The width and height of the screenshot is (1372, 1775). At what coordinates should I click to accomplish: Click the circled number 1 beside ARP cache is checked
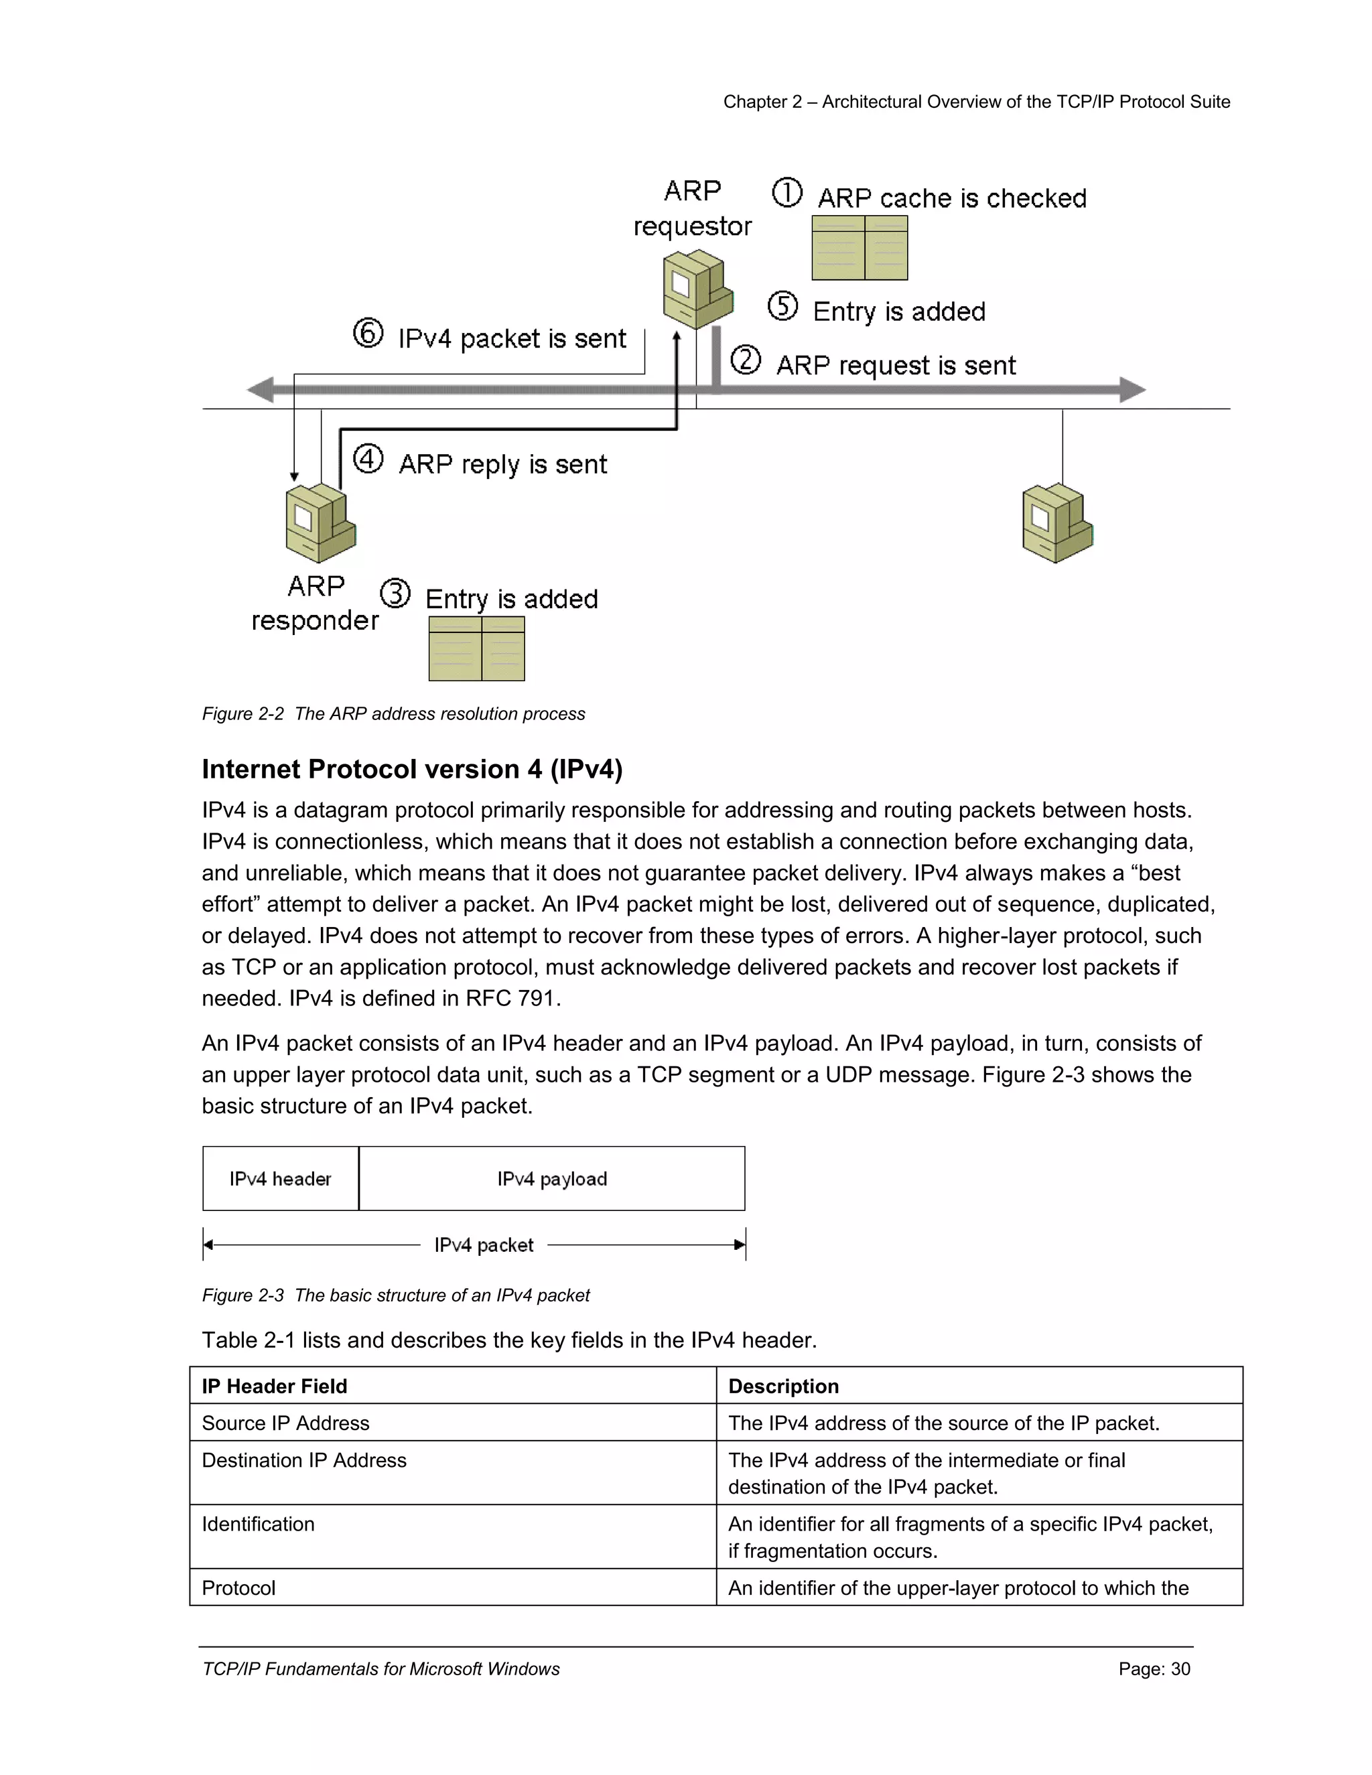[786, 193]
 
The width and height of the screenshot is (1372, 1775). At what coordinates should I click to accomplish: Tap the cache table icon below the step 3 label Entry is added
[476, 648]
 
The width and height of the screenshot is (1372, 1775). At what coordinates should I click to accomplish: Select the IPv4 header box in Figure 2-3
[281, 1178]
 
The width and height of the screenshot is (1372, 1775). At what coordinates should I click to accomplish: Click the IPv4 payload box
[552, 1178]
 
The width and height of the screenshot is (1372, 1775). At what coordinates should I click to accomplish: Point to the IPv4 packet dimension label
[484, 1245]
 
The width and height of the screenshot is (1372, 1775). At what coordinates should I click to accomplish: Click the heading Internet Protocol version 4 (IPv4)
[412, 769]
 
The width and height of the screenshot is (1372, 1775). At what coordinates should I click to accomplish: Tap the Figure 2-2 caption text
[393, 713]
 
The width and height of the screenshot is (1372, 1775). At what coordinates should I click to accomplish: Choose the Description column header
[784, 1386]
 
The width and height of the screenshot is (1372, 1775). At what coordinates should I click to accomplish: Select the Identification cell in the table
[258, 1524]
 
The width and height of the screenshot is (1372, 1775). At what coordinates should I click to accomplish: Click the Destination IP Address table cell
[304, 1460]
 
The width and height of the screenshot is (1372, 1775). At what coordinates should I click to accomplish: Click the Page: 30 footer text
[1154, 1668]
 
